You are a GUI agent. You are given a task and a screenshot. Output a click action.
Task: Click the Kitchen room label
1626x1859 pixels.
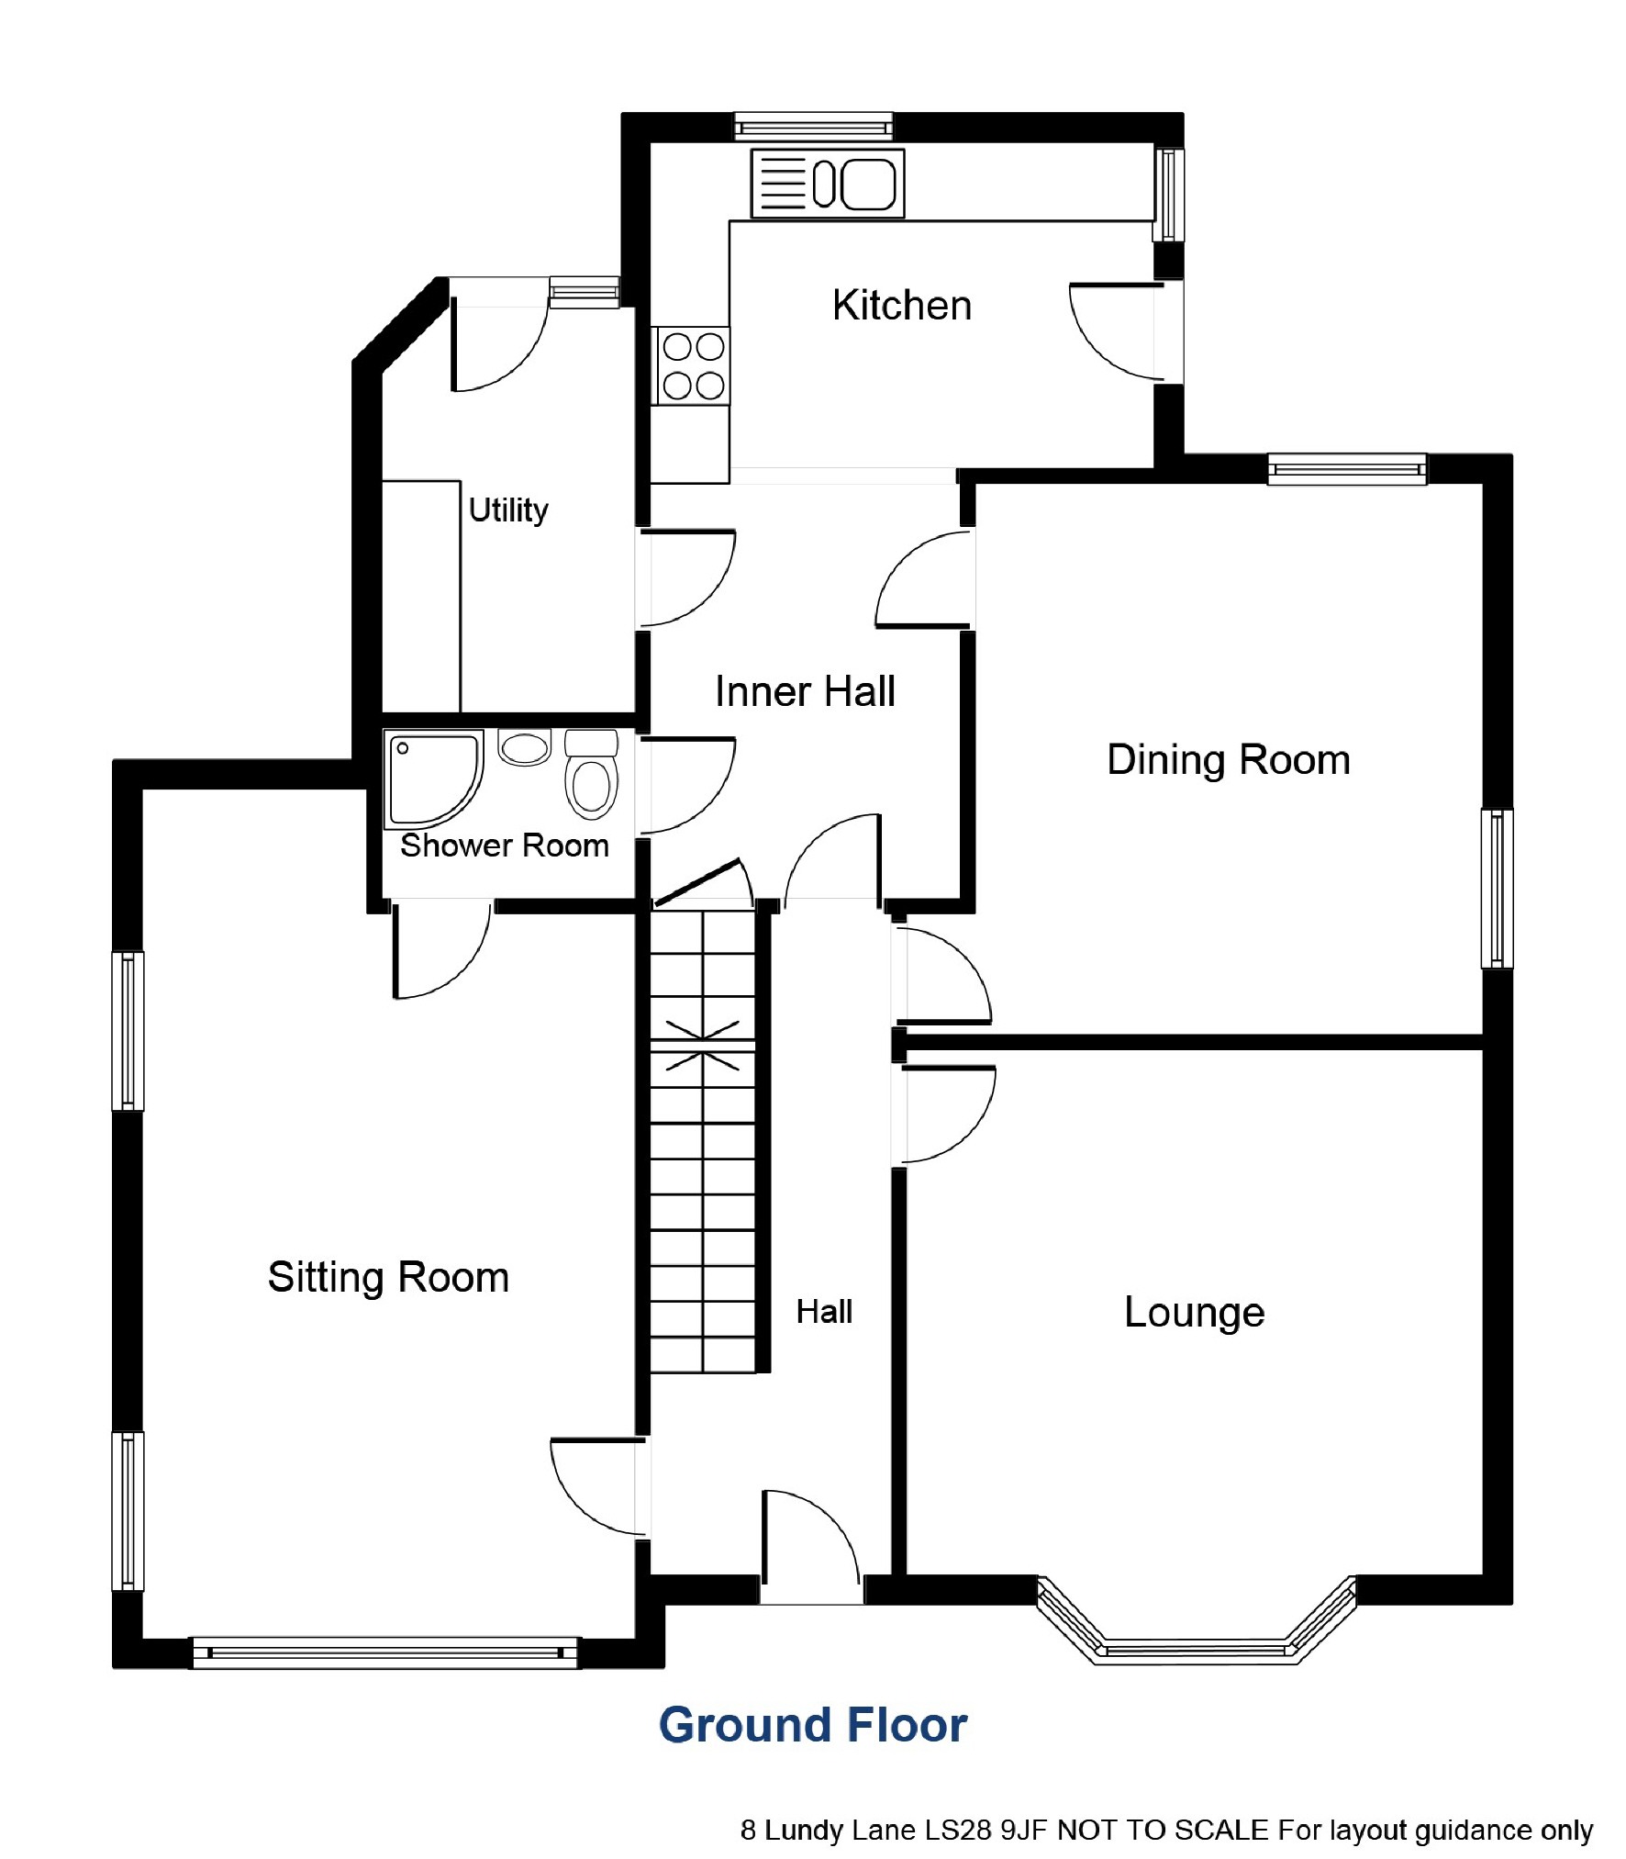pyautogui.click(x=901, y=305)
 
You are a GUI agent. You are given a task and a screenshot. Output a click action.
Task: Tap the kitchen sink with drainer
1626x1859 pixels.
pyautogui.click(x=827, y=184)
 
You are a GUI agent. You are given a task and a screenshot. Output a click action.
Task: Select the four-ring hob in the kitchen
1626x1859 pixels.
pyautogui.click(x=693, y=365)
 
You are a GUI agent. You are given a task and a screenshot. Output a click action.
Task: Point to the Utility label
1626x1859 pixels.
pyautogui.click(x=508, y=510)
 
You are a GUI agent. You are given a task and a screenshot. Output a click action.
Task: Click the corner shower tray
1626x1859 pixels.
pyautogui.click(x=433, y=778)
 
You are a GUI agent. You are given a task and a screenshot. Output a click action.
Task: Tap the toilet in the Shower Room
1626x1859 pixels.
pyautogui.click(x=591, y=773)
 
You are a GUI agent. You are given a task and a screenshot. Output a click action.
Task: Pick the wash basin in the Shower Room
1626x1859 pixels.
pyautogui.click(x=524, y=747)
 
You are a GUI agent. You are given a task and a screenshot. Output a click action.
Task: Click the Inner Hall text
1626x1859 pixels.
pyautogui.click(x=805, y=691)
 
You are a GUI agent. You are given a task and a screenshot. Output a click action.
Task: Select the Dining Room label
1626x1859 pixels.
pyautogui.click(x=1229, y=760)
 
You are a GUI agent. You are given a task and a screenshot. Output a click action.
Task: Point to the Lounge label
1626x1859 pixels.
pyautogui.click(x=1194, y=1313)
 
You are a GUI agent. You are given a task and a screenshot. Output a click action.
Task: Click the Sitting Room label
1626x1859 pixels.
pyautogui.click(x=388, y=1278)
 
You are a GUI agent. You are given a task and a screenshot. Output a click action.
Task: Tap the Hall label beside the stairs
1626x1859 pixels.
pyautogui.click(x=824, y=1312)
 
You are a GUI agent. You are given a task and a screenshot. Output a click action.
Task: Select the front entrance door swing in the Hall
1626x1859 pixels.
pyautogui.click(x=811, y=1548)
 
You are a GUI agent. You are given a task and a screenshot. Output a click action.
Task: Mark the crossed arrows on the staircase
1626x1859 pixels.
pyautogui.click(x=702, y=1046)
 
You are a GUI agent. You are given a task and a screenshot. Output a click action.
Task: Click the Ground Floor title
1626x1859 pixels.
pyautogui.click(x=813, y=1725)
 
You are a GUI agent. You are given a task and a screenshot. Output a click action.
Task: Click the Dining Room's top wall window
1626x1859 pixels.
pyautogui.click(x=1347, y=469)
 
